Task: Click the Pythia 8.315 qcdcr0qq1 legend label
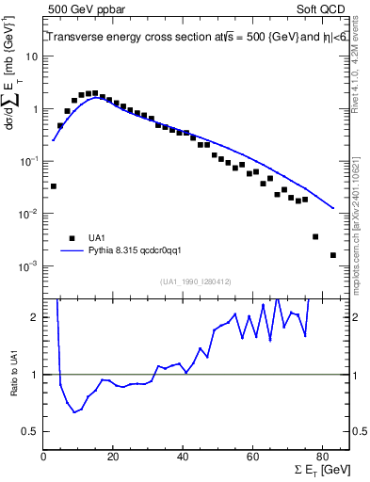(x=140, y=251)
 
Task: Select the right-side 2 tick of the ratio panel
(x=357, y=317)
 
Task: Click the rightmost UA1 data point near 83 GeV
(x=332, y=255)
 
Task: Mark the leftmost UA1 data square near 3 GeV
(x=54, y=186)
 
